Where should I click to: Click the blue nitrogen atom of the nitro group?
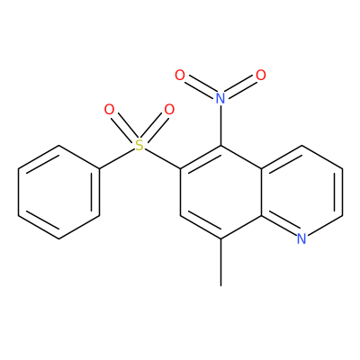point(220,98)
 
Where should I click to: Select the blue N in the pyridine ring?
point(301,238)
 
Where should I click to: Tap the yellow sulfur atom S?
point(139,145)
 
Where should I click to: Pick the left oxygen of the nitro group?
point(180,75)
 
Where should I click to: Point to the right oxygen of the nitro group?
point(261,75)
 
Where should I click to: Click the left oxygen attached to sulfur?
point(109,110)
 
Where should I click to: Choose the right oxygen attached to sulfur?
point(169,110)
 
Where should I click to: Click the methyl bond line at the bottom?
point(221,262)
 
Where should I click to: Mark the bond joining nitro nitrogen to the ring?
point(221,125)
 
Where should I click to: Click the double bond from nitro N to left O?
point(200,86)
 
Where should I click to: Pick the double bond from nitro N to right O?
point(241,86)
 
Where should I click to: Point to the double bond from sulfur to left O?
point(124,128)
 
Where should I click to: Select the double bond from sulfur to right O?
point(155,128)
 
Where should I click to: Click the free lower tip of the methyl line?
point(221,285)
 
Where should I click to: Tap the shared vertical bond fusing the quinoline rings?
point(262,192)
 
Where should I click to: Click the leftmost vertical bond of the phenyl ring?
point(19,192)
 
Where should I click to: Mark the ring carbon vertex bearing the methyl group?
point(221,238)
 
